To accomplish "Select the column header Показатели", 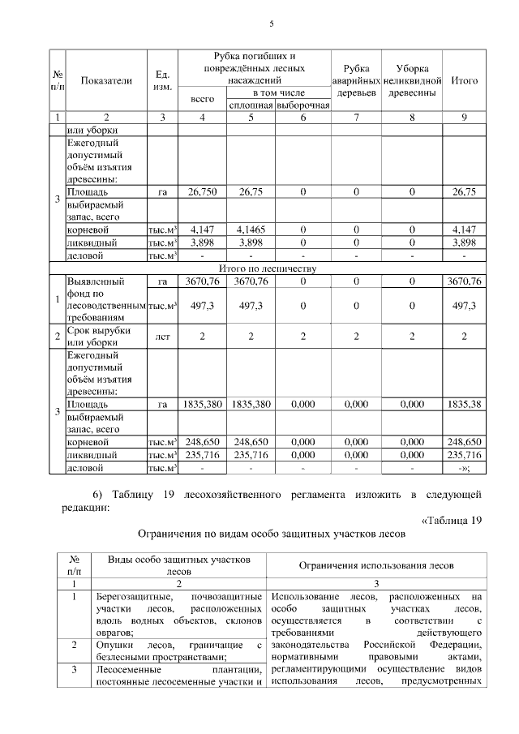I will [105, 81].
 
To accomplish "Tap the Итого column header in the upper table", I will [464, 81].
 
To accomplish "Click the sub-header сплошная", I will [251, 105].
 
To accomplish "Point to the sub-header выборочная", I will [302, 105].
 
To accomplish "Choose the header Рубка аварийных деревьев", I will [357, 81].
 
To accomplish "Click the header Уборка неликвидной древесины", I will [412, 81].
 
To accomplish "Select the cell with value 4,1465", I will [251, 230].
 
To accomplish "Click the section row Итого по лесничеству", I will [267, 268].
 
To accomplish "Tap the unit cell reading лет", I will [162, 336].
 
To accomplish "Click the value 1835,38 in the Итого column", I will [464, 403].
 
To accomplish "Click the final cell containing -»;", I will [464, 468].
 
